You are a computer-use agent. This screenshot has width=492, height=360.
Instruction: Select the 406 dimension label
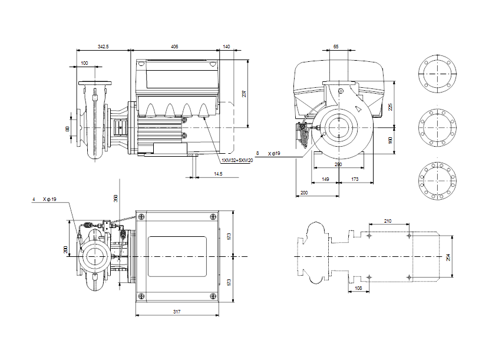[175, 46]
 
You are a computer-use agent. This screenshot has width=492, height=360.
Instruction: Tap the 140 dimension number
[227, 46]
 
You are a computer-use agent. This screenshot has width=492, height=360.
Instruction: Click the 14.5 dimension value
[218, 174]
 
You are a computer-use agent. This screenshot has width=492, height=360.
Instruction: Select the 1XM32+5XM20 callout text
[237, 160]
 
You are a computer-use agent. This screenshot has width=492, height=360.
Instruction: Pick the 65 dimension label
[336, 46]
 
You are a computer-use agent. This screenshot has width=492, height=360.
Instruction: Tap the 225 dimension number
[389, 107]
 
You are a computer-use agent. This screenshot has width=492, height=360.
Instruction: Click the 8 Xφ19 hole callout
[270, 153]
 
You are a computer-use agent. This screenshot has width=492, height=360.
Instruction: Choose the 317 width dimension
[177, 311]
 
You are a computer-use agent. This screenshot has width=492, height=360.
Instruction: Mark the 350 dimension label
[116, 199]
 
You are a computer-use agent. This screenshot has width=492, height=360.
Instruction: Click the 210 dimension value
[388, 220]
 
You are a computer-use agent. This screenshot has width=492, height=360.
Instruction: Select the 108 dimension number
[359, 288]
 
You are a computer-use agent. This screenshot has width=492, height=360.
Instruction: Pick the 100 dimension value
[84, 63]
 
